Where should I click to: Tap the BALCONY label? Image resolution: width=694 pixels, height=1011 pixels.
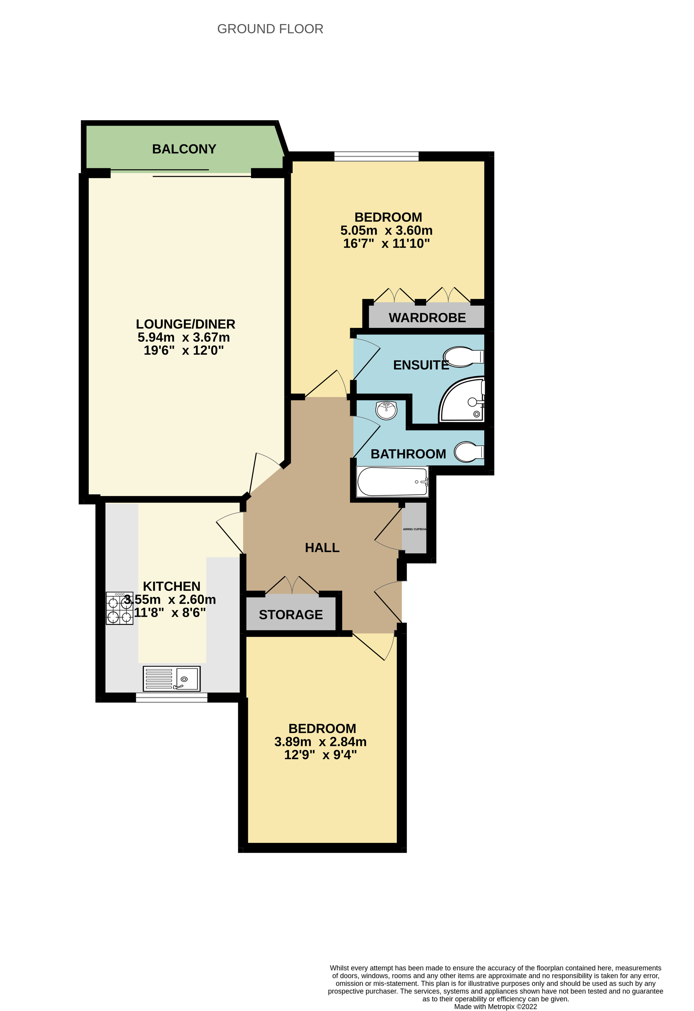[184, 149]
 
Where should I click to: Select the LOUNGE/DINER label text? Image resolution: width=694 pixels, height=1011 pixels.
[185, 324]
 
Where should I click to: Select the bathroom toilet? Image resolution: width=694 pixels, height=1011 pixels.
[469, 452]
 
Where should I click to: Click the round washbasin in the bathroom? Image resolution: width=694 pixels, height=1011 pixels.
[387, 410]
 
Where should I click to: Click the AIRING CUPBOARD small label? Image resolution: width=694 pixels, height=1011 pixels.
[414, 530]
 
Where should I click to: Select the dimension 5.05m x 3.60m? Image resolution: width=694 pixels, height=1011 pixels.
[387, 230]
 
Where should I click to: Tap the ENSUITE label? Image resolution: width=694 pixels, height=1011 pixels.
[421, 365]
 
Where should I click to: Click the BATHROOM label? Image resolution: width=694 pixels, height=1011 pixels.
[408, 454]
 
